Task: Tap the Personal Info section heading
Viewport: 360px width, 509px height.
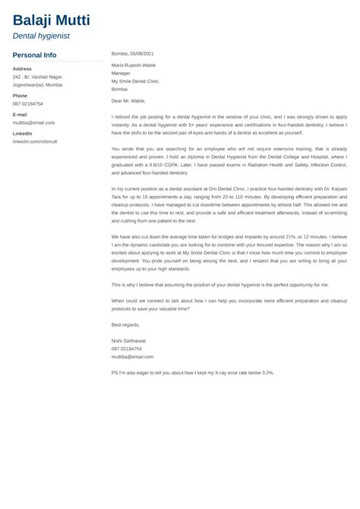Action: click(34, 55)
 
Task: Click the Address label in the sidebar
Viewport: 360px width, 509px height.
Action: click(21, 68)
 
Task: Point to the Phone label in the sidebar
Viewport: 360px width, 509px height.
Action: click(20, 96)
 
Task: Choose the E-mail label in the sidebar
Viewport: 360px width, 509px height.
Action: click(20, 114)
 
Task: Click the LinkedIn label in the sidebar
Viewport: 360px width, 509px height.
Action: click(22, 133)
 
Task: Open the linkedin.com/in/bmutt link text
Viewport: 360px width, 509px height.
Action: click(34, 141)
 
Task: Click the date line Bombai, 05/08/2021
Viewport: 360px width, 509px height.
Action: click(132, 54)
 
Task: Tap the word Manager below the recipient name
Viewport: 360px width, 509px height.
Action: click(122, 73)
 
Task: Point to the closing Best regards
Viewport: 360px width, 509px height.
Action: click(125, 324)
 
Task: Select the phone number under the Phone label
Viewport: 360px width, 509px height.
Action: click(27, 104)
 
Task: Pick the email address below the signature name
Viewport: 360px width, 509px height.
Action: click(132, 356)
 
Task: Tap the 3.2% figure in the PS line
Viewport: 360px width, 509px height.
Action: click(265, 373)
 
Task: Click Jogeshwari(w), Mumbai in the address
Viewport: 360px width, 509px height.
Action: click(38, 85)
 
